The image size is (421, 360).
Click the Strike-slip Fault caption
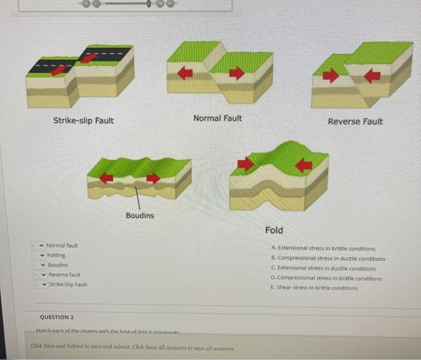pos(84,121)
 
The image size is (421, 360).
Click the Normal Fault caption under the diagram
pos(218,118)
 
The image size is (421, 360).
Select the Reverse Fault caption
pos(355,121)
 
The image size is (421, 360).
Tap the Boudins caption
pos(140,215)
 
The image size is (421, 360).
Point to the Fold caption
pos(274,230)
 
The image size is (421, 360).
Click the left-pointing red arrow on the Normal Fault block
pos(185,73)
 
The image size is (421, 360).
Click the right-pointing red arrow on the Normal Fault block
pos(236,73)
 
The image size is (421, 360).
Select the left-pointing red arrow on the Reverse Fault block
pos(372,76)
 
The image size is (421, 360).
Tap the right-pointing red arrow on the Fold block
pos(245,163)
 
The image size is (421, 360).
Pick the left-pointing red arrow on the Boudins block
pos(106,177)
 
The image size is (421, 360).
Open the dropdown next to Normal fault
pos(41,246)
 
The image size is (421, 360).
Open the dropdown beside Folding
pos(41,255)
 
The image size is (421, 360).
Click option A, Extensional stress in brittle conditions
pos(323,248)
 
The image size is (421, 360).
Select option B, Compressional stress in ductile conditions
pos(328,258)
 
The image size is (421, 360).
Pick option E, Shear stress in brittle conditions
pos(314,288)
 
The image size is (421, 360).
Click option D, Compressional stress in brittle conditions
pos(326,278)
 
